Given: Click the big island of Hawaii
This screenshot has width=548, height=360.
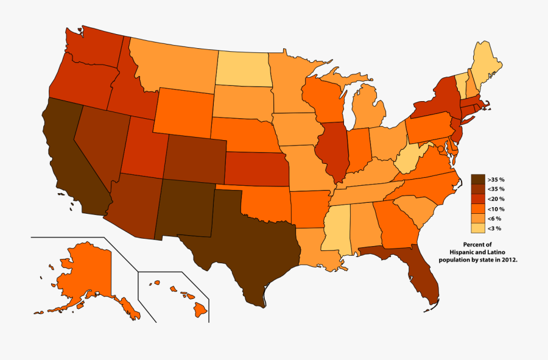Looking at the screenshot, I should pos(200,311).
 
